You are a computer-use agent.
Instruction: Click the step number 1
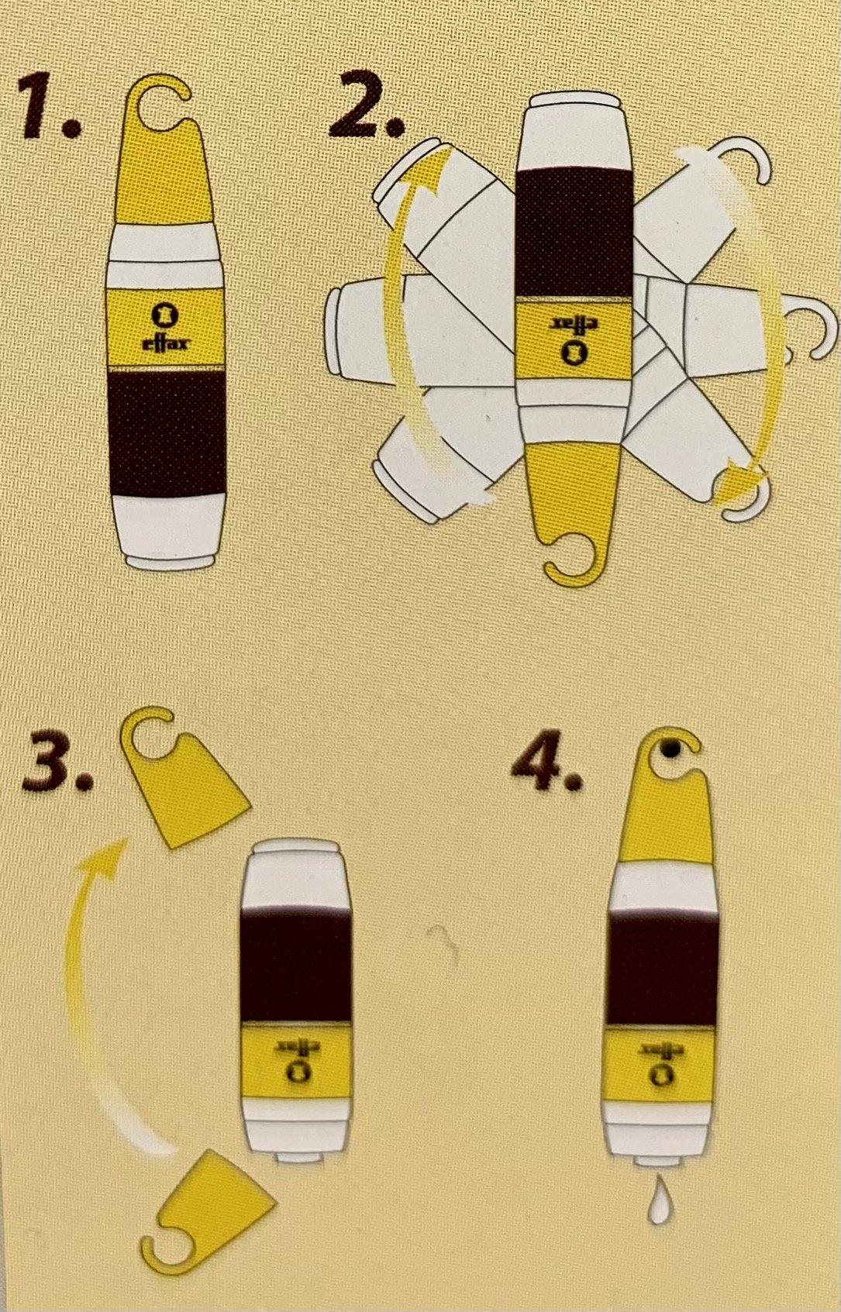[49, 108]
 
